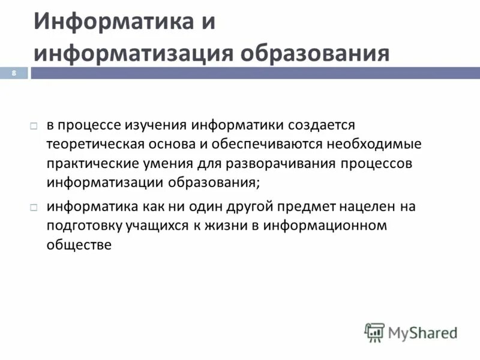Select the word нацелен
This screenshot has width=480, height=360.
(x=366, y=206)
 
